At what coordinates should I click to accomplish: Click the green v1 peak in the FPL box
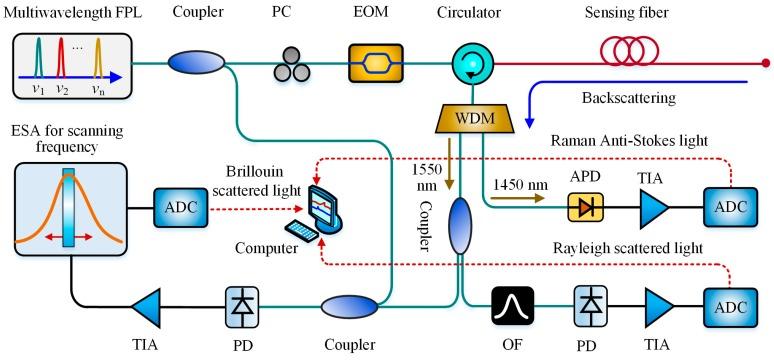(41, 68)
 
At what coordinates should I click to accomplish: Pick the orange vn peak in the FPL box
(98, 67)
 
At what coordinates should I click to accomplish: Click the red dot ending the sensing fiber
(764, 64)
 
